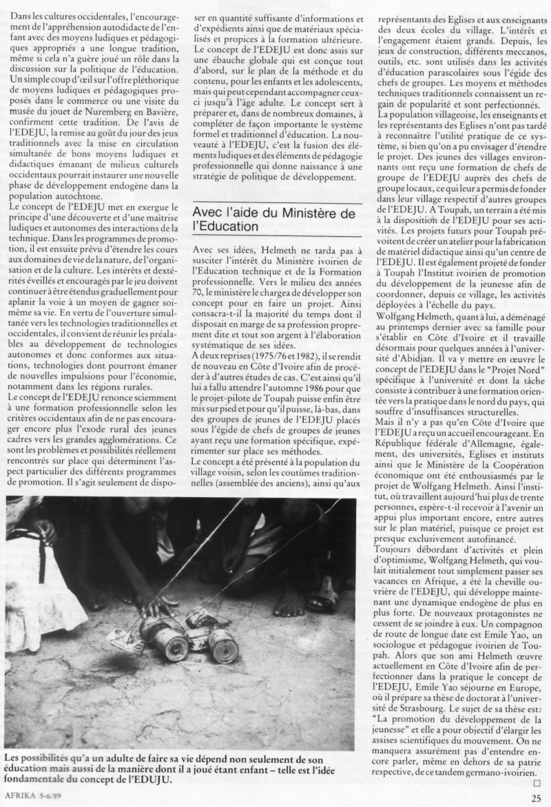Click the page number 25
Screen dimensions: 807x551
[537, 798]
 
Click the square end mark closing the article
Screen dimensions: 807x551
[538, 782]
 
